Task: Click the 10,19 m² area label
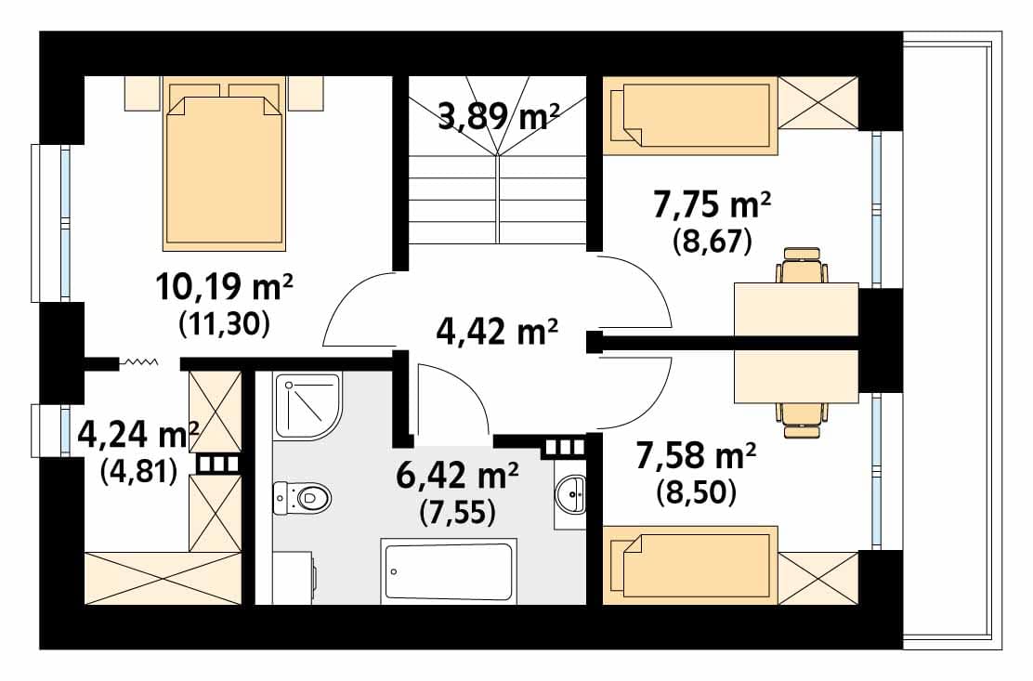[x=224, y=288]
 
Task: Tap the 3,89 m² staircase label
[x=498, y=117]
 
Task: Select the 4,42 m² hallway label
[x=497, y=332]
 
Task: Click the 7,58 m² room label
[x=696, y=456]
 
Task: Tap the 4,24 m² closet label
[x=138, y=434]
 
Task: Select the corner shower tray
[x=307, y=406]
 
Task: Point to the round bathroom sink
[x=570, y=493]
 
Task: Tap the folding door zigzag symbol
[x=137, y=361]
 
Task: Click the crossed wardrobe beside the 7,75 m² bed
[x=818, y=103]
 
